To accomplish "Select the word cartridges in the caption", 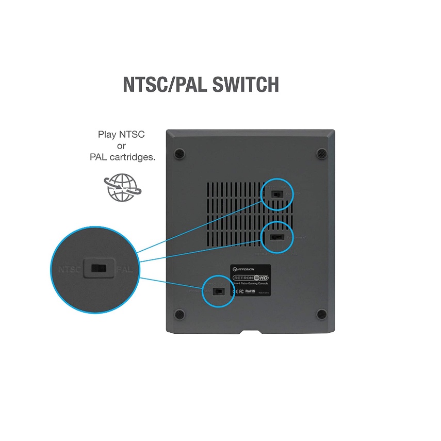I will (x=133, y=157).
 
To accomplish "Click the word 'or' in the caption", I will (x=122, y=146).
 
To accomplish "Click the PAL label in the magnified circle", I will (x=125, y=269).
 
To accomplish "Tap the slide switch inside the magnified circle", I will (x=99, y=269).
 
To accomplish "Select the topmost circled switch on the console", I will (x=277, y=194).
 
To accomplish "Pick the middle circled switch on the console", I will (x=277, y=237).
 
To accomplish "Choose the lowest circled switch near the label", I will (x=218, y=291).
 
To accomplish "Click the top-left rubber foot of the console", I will (x=179, y=153).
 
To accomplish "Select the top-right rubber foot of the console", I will (x=321, y=153).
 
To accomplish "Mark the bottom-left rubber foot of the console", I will (x=179, y=314).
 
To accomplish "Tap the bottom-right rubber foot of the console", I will (x=321, y=314).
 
